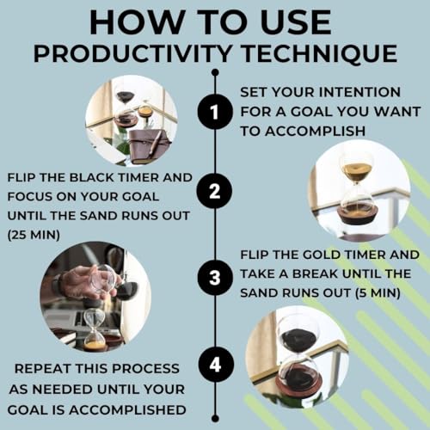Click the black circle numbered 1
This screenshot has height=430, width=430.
[215, 112]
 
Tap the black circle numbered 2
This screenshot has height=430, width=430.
[214, 191]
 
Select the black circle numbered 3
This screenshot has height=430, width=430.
[215, 278]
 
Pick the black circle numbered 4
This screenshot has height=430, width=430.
[215, 365]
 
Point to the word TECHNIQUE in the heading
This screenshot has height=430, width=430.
[319, 53]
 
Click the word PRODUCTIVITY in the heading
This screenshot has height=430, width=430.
[132, 53]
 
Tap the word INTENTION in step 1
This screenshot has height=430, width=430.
[359, 92]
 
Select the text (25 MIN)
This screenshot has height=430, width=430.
[34, 235]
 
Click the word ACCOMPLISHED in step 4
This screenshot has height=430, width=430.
[127, 410]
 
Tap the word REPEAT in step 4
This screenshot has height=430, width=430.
[42, 369]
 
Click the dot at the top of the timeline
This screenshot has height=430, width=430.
[215, 72]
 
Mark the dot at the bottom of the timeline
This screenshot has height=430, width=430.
[215, 418]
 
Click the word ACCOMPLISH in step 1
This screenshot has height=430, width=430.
[315, 131]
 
